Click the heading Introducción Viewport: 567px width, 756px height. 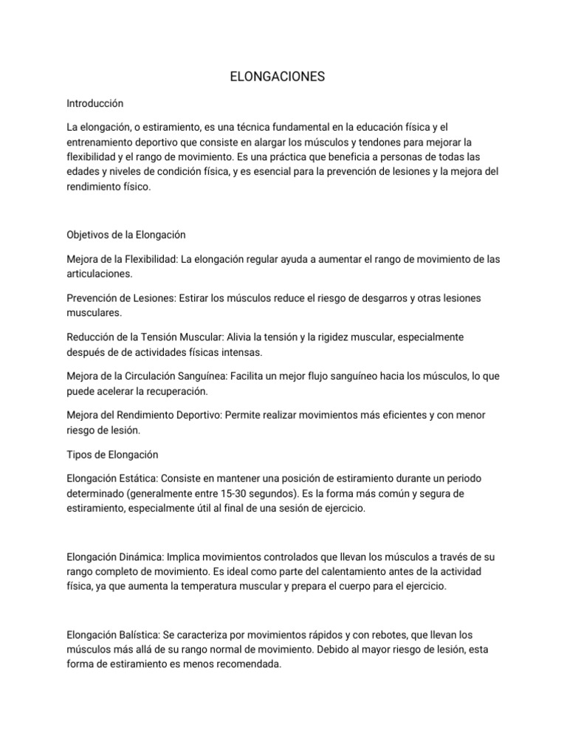[x=94, y=103]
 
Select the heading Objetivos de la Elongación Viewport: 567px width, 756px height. [x=126, y=235]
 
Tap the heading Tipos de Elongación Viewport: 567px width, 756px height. [x=112, y=454]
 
